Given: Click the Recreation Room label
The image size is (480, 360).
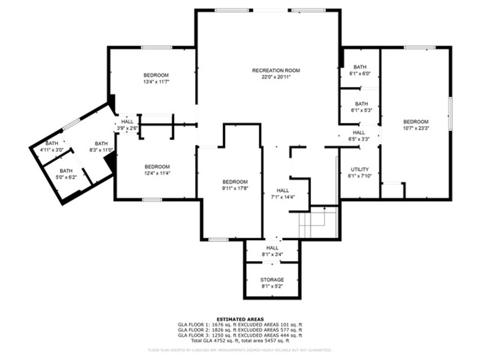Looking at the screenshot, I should [276, 71].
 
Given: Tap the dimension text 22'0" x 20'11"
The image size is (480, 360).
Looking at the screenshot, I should [276, 77].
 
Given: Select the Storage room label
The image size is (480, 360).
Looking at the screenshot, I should [272, 280].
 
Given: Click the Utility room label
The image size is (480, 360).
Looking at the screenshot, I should [360, 169].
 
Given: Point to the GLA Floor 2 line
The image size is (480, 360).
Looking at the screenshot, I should [240, 330].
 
